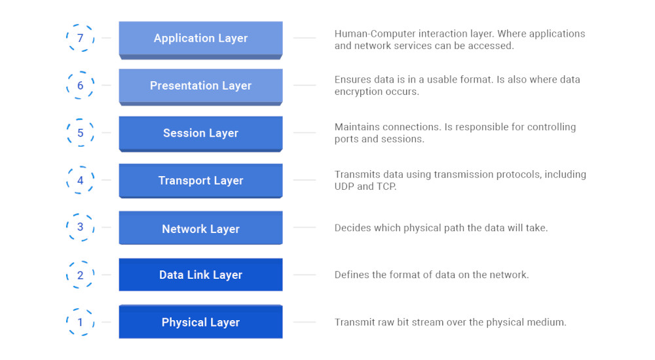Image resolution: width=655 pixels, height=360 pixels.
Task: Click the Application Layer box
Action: tap(200, 39)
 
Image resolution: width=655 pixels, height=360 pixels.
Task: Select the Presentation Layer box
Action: tap(200, 86)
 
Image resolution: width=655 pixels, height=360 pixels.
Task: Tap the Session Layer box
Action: tap(200, 134)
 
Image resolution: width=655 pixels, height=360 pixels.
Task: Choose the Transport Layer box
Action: tap(200, 181)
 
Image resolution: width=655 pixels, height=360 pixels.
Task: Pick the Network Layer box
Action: tap(200, 229)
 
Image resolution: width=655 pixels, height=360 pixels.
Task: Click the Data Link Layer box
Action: tap(200, 275)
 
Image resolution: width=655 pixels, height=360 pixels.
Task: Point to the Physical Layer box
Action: tap(200, 322)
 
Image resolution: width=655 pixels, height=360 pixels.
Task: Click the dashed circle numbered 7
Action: tap(81, 38)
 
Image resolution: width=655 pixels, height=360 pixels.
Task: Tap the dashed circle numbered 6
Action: tap(81, 86)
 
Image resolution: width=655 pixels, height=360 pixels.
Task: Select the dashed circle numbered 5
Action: tap(81, 133)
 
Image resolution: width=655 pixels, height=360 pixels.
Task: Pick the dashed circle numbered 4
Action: tap(81, 180)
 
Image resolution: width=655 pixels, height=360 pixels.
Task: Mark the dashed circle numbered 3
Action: tap(81, 227)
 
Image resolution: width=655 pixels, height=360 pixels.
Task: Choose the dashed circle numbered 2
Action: tap(81, 275)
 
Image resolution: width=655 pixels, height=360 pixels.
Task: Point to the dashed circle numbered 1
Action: tap(81, 322)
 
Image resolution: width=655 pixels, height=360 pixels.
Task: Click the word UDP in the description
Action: tap(345, 187)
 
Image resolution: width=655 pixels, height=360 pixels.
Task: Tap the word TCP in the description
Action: tap(386, 187)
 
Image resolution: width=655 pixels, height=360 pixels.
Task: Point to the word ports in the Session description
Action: tap(348, 139)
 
